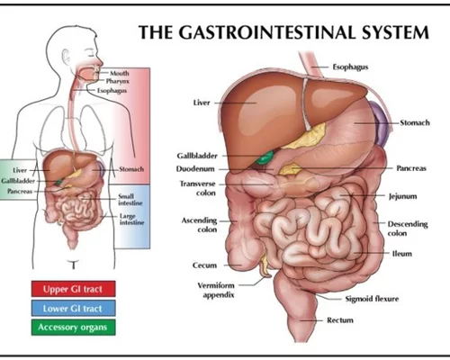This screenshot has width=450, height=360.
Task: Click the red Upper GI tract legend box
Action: point(73,289)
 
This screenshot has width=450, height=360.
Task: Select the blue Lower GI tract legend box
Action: point(73,308)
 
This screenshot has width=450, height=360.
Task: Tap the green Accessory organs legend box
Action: point(73,327)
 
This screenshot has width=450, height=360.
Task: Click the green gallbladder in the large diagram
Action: point(265,157)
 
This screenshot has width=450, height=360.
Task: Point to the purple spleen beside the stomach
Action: point(379,123)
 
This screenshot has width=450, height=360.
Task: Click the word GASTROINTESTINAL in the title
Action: point(269,32)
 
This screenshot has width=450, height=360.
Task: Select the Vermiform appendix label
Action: point(217,290)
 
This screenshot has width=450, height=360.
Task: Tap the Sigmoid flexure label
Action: point(372,299)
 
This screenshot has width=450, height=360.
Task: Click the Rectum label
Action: point(340,320)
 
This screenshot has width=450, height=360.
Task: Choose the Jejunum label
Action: point(402,196)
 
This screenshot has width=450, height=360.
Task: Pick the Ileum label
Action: point(401,254)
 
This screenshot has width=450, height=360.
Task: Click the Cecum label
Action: point(204,265)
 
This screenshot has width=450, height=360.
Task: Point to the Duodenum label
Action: point(195,169)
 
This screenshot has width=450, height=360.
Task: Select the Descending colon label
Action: point(408,229)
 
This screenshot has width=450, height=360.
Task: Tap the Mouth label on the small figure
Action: point(120,73)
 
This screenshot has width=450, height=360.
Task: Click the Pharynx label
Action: point(118,81)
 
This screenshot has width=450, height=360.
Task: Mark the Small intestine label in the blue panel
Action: point(130,200)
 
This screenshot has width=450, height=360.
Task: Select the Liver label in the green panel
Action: point(20,170)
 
